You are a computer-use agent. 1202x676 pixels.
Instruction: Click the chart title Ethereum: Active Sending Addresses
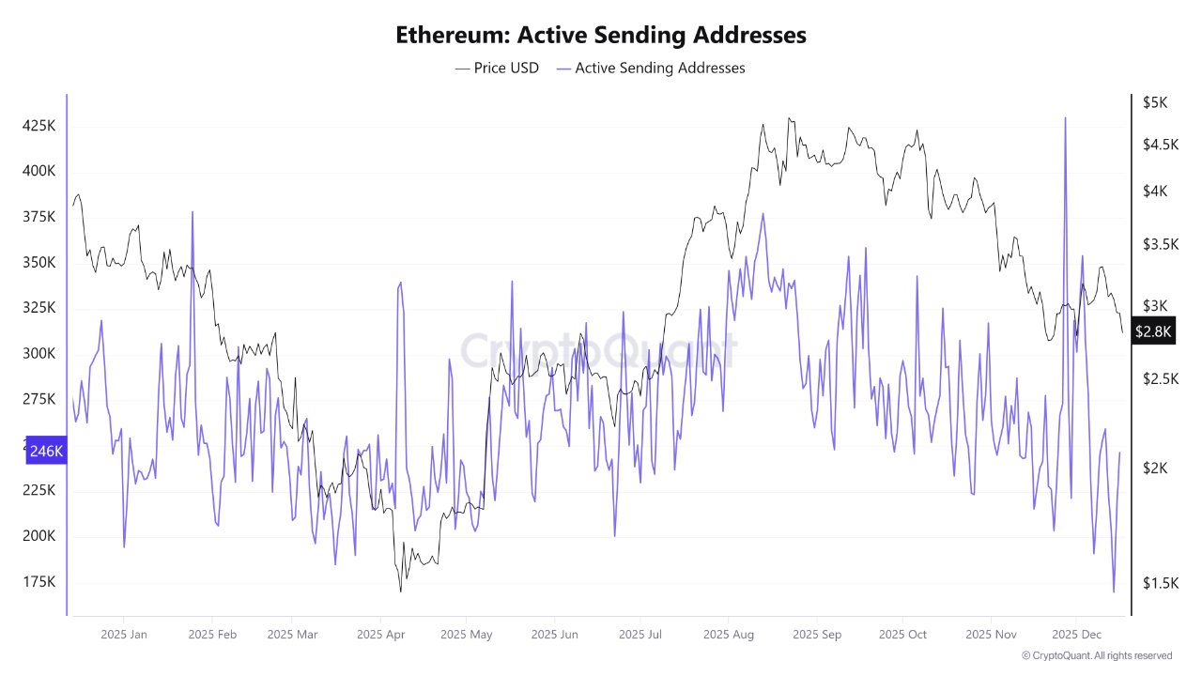click(600, 35)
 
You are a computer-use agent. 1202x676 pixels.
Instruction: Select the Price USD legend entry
click(497, 68)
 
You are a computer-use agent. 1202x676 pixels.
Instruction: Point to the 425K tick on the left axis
click(39, 126)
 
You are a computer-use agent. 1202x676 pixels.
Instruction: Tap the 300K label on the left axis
click(39, 354)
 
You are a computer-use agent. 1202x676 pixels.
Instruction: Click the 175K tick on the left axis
click(39, 582)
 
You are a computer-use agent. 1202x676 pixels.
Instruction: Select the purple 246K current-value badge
click(46, 452)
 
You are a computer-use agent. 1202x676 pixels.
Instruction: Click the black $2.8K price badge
click(1152, 331)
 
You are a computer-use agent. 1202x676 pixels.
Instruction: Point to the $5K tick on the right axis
click(1154, 103)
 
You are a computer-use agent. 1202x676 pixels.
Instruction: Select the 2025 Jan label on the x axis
click(124, 635)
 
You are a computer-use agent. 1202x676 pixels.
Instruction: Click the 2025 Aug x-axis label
click(728, 635)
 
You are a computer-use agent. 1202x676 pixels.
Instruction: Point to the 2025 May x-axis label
click(466, 635)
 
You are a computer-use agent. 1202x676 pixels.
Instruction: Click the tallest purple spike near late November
click(1065, 118)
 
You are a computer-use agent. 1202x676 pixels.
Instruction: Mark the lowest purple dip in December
click(1114, 591)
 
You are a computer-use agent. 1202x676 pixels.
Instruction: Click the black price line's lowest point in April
click(401, 591)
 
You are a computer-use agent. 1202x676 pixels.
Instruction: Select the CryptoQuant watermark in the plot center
click(598, 350)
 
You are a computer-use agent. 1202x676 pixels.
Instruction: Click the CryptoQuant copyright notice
click(1096, 655)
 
